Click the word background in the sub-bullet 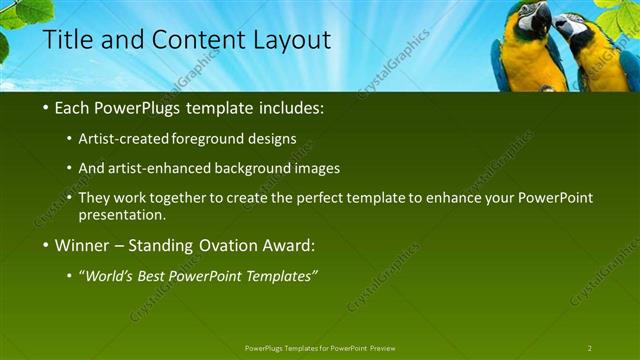264,168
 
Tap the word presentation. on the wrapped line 122,215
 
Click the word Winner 82,245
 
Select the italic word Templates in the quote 280,276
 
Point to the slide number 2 590,347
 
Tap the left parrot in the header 528,45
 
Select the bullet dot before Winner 47,246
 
